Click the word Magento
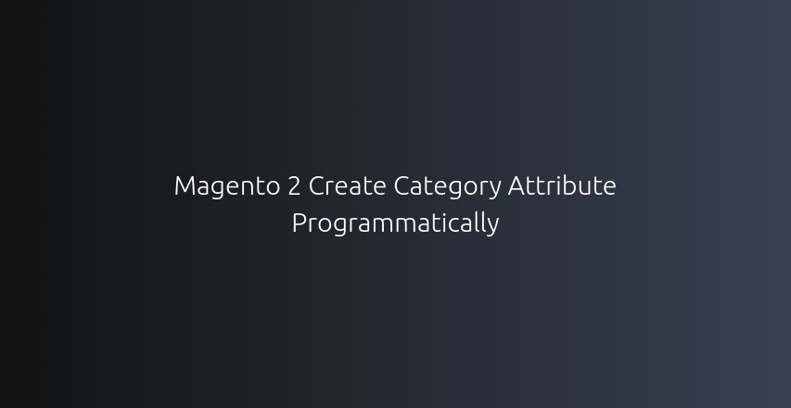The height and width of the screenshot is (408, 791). pos(227,186)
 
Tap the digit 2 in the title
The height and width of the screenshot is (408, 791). pos(294,186)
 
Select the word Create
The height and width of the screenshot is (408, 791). pos(347,186)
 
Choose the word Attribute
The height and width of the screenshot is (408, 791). pos(562,186)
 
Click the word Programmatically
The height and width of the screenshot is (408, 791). pos(395,224)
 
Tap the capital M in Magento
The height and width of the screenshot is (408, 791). pos(184,186)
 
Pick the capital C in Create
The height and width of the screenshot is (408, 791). pos(316,186)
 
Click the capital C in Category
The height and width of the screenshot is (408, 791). pos(402,186)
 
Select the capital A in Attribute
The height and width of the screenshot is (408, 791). pos(517,186)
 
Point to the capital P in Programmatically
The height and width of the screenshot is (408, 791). pos(299,223)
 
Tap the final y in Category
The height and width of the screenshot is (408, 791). pos(495,190)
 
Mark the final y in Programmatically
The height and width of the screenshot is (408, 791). pos(493,227)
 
